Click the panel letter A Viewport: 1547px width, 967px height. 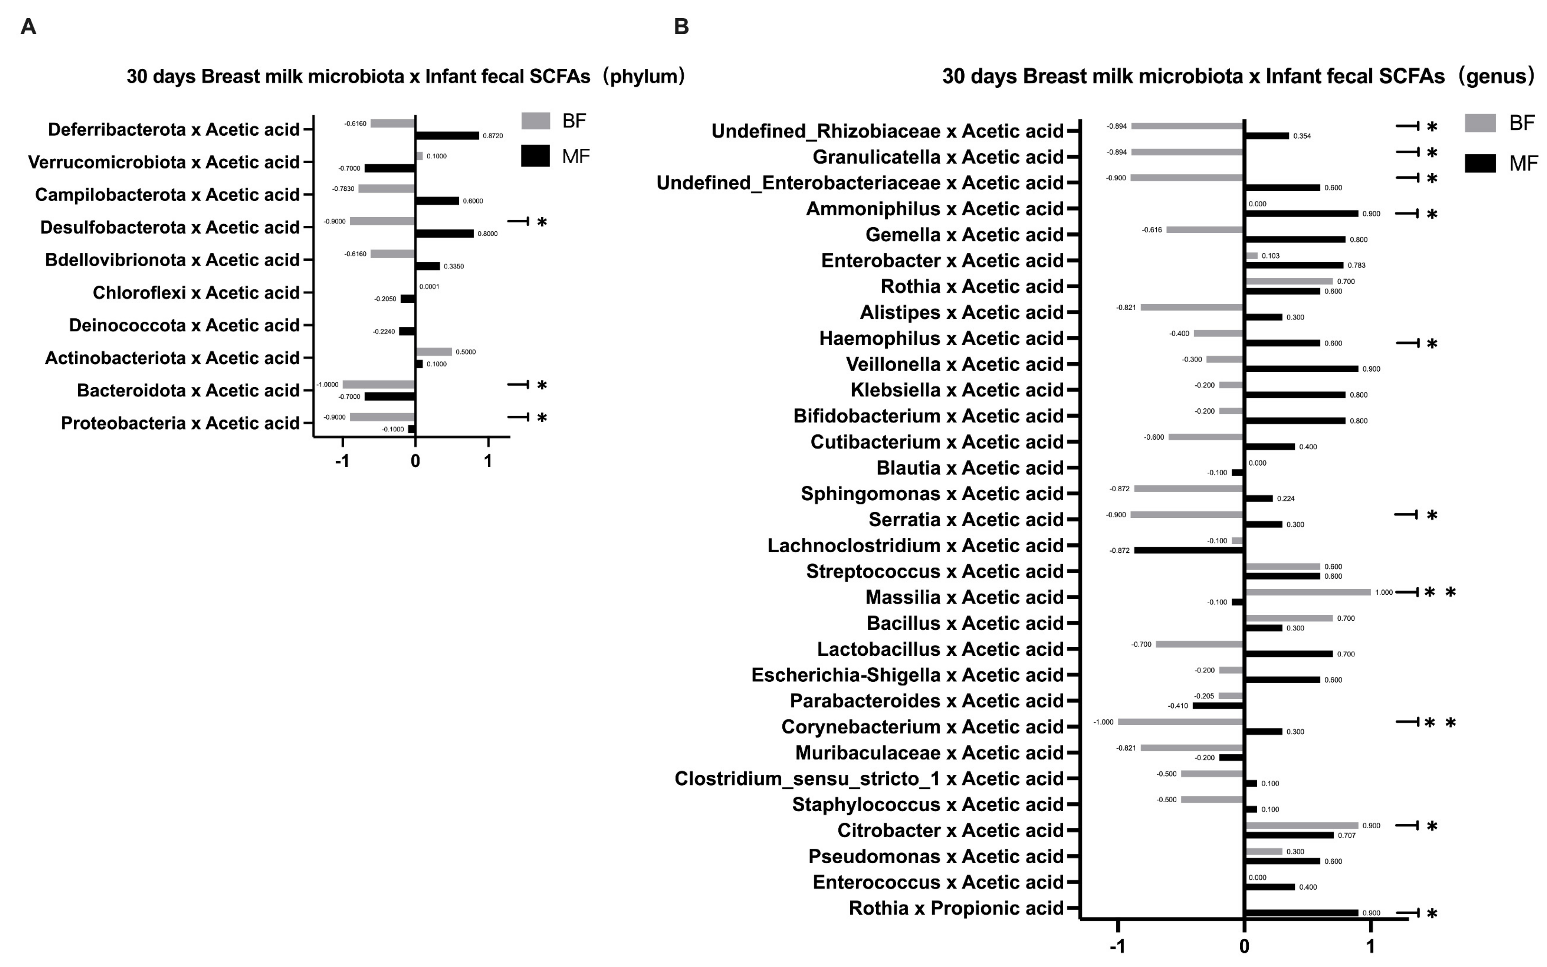(x=28, y=27)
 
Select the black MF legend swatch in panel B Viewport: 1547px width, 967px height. (x=1480, y=164)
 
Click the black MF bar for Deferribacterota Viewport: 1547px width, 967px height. (x=447, y=135)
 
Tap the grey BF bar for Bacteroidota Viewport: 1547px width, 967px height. (x=379, y=384)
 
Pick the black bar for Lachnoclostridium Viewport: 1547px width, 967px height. (x=1189, y=550)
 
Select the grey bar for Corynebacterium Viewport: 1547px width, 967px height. (x=1180, y=722)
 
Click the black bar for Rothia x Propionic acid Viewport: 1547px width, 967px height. (x=1301, y=913)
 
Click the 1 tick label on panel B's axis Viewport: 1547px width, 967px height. (x=1370, y=947)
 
